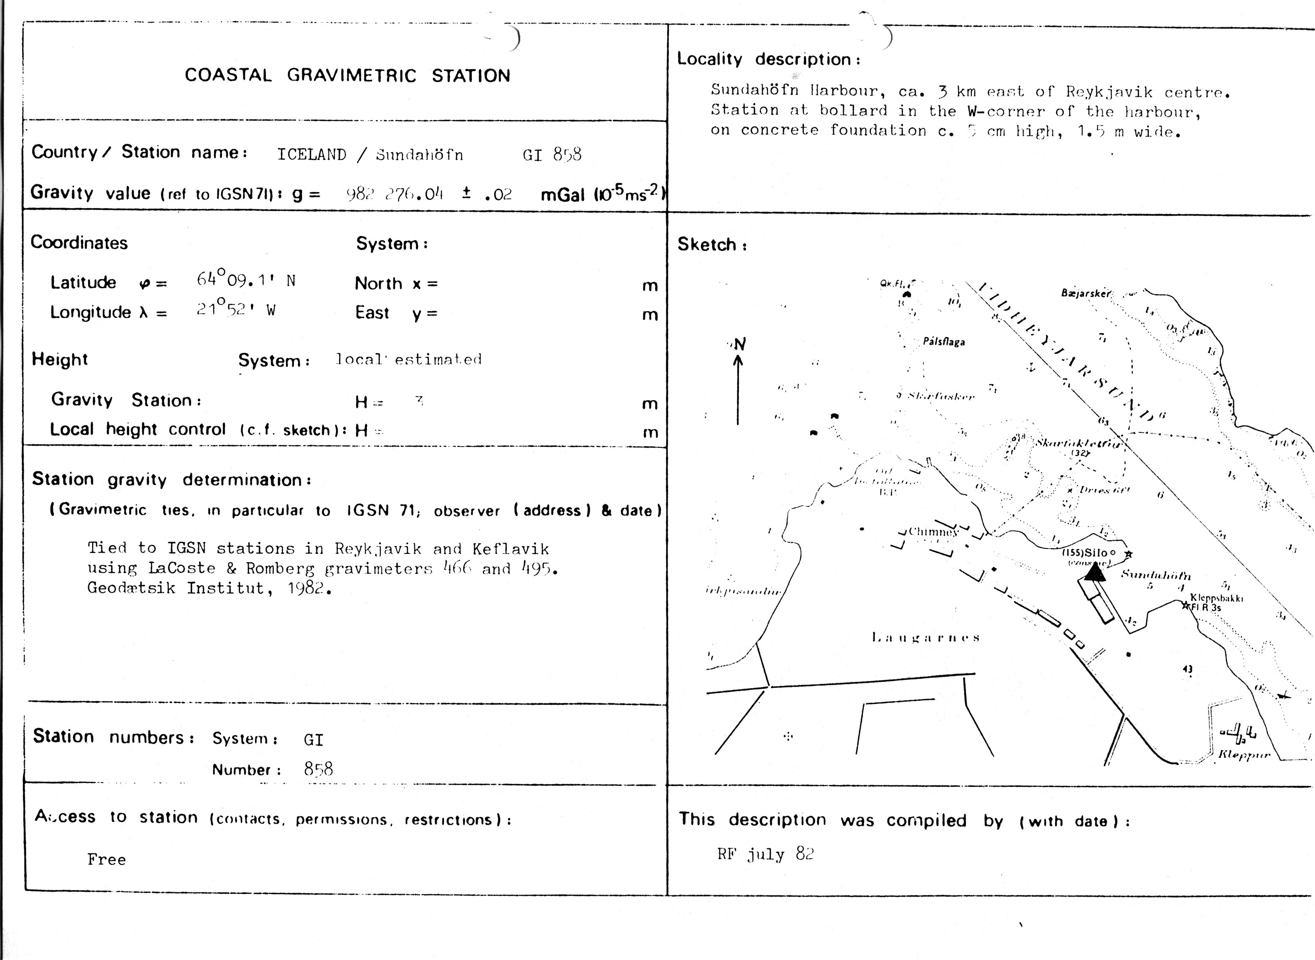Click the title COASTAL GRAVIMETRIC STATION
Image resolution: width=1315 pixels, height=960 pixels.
pyautogui.click(x=347, y=76)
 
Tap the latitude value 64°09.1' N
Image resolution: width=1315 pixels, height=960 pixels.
pyautogui.click(x=246, y=280)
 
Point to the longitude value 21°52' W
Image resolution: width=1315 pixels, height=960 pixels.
pyautogui.click(x=235, y=309)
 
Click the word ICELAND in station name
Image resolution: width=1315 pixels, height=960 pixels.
pyautogui.click(x=312, y=155)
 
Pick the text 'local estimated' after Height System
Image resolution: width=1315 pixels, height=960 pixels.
pyautogui.click(x=408, y=359)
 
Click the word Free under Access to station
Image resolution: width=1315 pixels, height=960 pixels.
pyautogui.click(x=106, y=859)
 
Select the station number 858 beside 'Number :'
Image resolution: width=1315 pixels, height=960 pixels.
pyautogui.click(x=318, y=770)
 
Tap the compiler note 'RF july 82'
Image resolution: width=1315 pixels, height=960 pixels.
pyautogui.click(x=765, y=854)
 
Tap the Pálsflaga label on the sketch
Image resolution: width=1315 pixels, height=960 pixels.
pyautogui.click(x=944, y=342)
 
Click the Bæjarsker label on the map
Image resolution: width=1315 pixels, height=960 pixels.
pyautogui.click(x=1086, y=294)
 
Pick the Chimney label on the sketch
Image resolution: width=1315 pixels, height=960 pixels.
pyautogui.click(x=933, y=531)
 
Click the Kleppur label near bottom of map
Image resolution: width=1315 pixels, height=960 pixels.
pyautogui.click(x=1243, y=755)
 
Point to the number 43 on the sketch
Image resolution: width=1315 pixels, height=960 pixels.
pyautogui.click(x=1187, y=670)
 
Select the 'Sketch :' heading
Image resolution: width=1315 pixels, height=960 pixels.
pyautogui.click(x=712, y=245)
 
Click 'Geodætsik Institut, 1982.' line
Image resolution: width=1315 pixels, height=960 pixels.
pyautogui.click(x=209, y=588)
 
